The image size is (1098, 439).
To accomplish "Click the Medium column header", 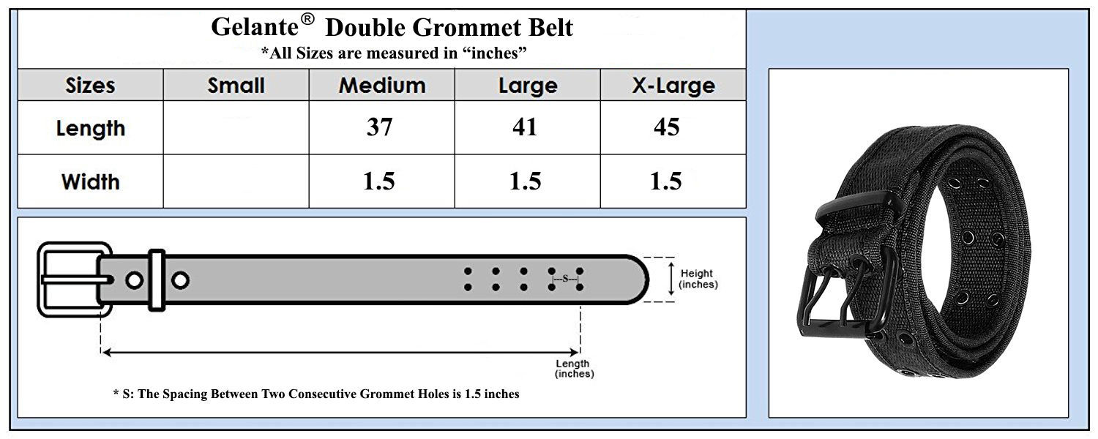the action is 382,86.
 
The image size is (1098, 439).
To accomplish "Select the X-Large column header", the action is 673,86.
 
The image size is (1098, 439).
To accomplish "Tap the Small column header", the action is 236,86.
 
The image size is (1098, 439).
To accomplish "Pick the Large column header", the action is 528,86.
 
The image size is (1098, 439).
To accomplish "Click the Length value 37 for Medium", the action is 379,127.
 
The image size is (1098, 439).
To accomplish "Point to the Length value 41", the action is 525,127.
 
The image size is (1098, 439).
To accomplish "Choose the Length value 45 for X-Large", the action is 667,127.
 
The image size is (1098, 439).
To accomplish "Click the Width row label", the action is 90,181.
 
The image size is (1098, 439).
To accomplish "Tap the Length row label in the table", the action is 90,128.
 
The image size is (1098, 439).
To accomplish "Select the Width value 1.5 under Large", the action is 525,181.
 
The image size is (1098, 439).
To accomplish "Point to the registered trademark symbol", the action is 307,19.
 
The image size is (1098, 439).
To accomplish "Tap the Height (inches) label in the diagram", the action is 698,279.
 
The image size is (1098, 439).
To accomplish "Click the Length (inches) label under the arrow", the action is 574,369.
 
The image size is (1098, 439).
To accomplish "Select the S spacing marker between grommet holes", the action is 565,279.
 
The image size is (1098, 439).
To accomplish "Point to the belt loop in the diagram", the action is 157,279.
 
